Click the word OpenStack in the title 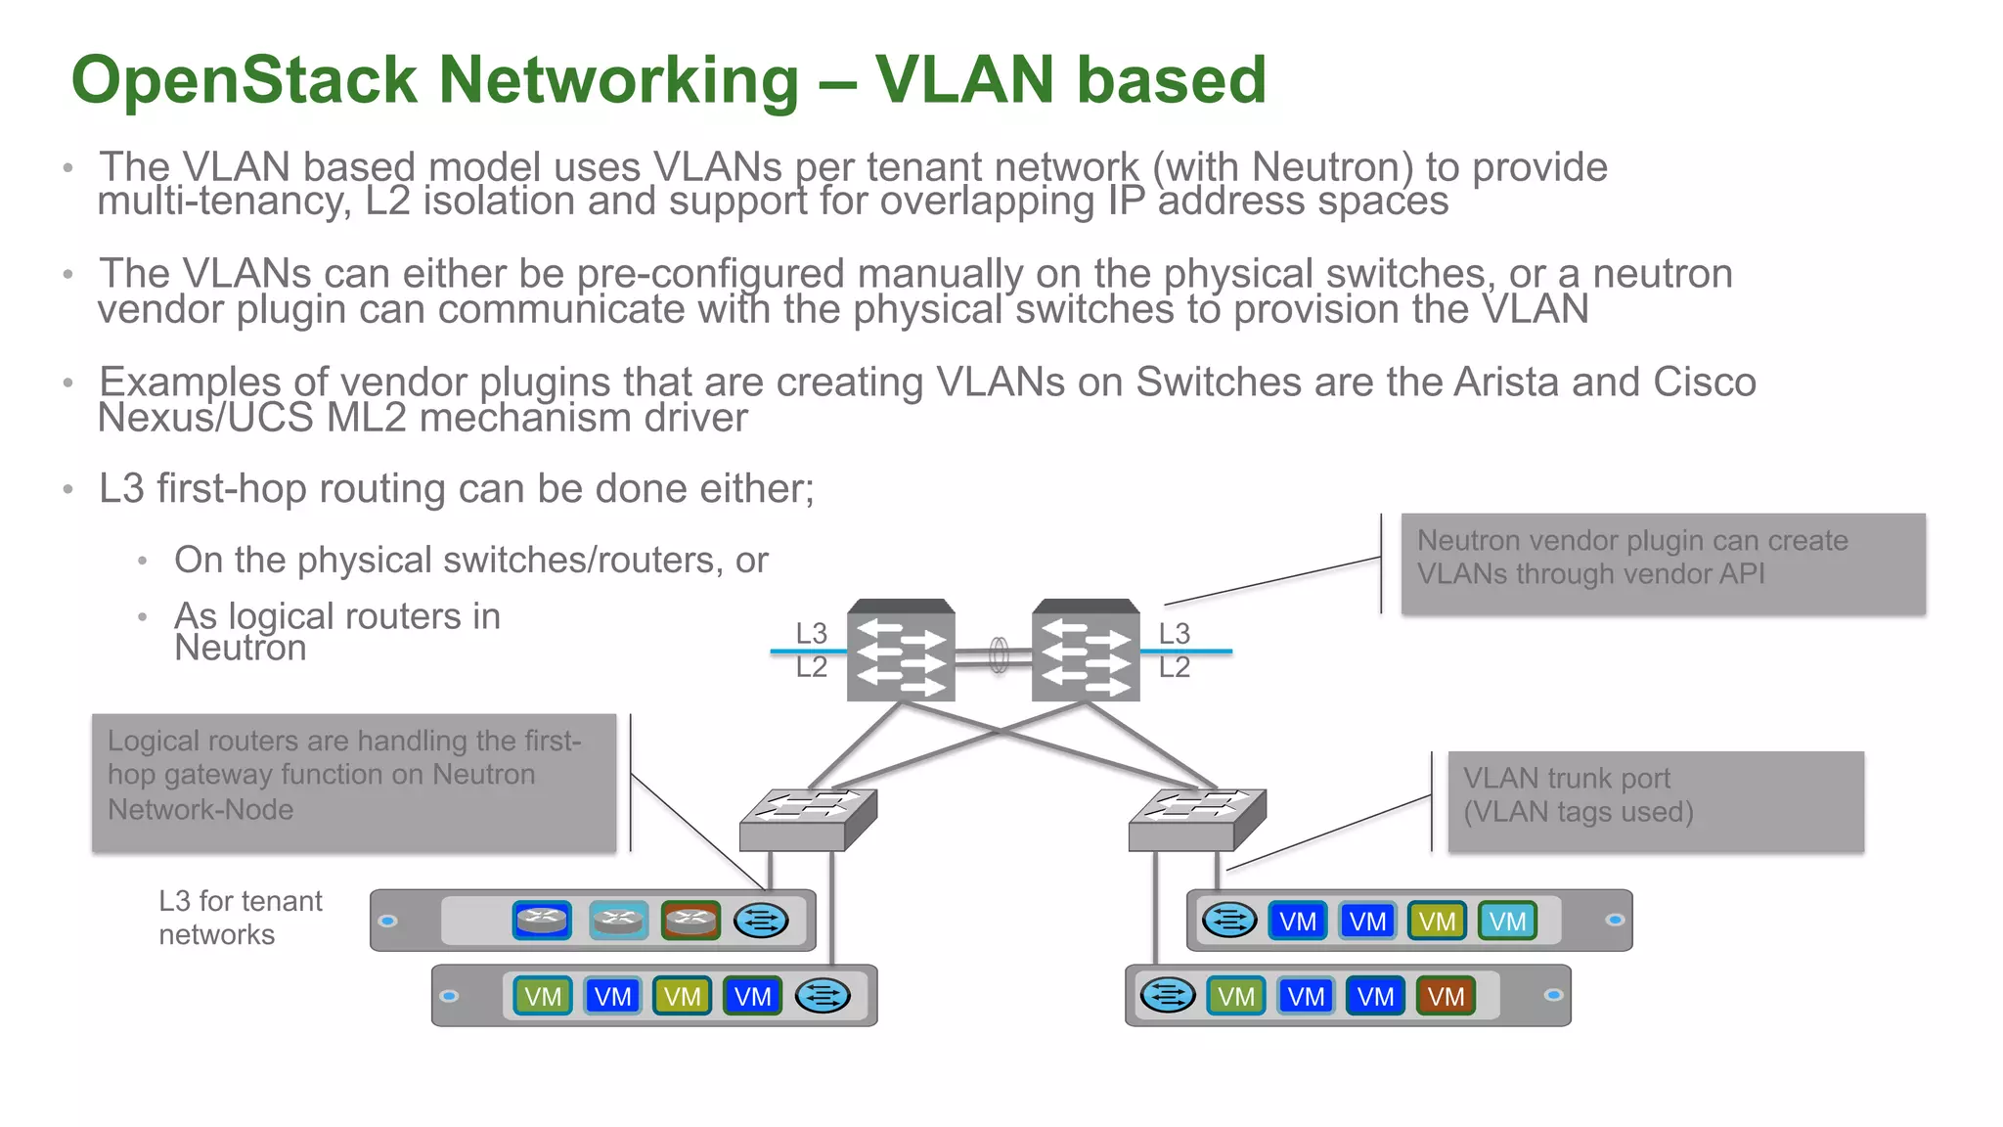245,80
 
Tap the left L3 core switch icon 901,652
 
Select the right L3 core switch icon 1086,652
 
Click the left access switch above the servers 808,820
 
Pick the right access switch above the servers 1197,820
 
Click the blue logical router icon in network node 542,920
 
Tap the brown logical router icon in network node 690,920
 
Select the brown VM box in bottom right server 1445,996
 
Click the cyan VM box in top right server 1507,921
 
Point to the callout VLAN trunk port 1655,801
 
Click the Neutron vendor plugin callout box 1663,563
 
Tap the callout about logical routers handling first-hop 354,782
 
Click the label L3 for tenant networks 240,917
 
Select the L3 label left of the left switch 811,633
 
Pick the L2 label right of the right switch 1175,667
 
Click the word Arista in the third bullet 1507,383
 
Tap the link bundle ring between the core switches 999,654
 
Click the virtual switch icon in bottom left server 823,996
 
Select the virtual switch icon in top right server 1228,920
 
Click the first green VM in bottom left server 542,996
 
